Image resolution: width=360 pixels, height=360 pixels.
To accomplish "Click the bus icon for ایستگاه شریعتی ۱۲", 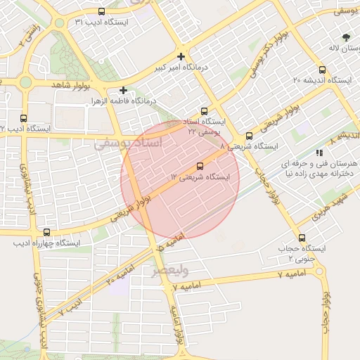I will click(x=200, y=166).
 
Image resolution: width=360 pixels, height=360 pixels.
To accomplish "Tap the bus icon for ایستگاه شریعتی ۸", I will click(x=249, y=136).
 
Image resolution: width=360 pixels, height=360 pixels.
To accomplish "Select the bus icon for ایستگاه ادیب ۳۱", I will click(x=101, y=11).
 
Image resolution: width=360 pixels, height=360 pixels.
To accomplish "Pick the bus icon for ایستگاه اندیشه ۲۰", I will click(x=323, y=70).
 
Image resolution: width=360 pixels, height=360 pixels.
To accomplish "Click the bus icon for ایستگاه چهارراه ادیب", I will click(x=47, y=232).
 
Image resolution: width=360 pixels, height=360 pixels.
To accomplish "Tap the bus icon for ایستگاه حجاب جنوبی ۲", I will click(x=302, y=238).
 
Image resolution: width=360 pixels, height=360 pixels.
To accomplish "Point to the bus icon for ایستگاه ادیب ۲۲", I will click(x=24, y=118).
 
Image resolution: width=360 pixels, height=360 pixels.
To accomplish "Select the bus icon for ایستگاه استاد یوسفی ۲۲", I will click(x=205, y=111).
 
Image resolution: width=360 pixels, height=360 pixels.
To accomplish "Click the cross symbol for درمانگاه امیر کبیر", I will click(x=181, y=56).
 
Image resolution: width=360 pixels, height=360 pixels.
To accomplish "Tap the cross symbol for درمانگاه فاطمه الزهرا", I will click(x=123, y=90).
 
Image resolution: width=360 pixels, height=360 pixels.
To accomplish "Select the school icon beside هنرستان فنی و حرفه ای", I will click(x=320, y=152).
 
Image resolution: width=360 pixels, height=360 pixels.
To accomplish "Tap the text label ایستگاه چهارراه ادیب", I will click(x=47, y=244).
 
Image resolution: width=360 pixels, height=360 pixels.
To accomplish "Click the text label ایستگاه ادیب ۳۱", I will click(x=101, y=22).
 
